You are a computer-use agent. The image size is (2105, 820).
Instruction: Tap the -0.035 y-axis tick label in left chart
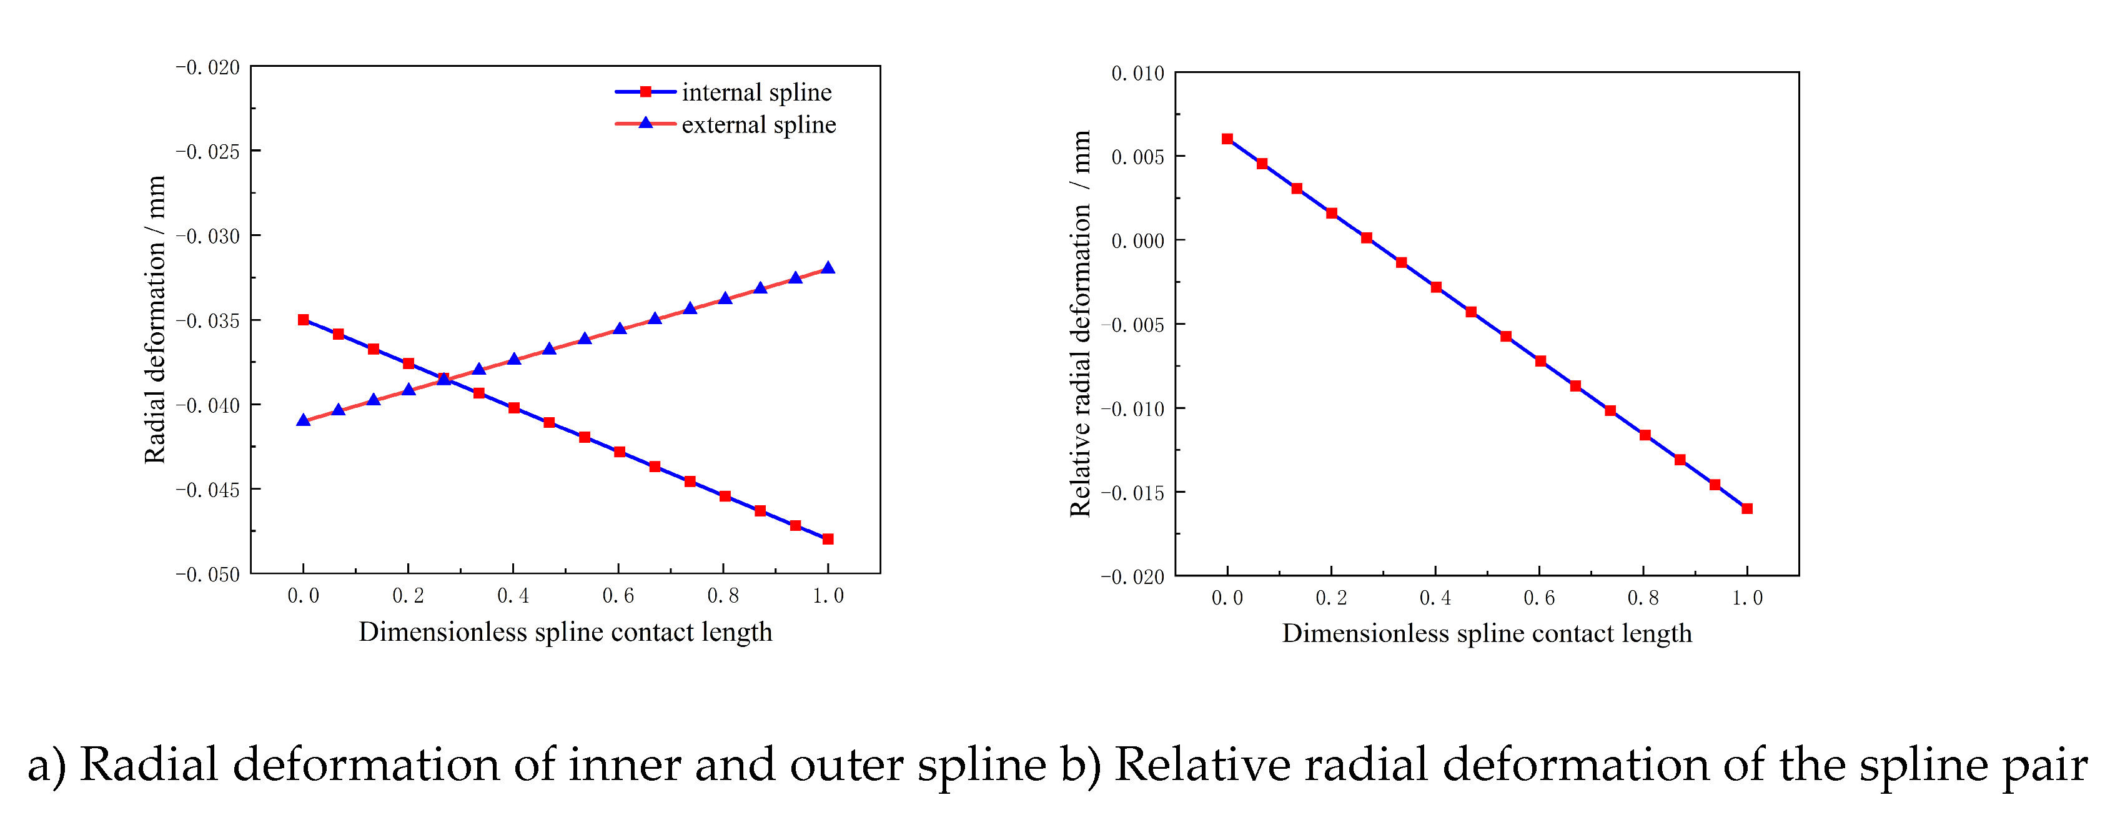207,321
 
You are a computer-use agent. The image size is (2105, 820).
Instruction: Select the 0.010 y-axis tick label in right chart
1137,74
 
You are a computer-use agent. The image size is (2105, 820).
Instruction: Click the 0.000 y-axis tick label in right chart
1137,242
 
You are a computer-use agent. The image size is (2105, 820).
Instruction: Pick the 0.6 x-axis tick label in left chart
618,596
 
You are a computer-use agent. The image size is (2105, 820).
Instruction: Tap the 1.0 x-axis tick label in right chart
1747,599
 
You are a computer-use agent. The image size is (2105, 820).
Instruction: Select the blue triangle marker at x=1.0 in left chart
828,268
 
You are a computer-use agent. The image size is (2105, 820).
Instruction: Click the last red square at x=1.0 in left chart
828,539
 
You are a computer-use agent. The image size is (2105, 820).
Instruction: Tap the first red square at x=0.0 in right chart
1227,139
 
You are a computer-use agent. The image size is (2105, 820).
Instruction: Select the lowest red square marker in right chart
1747,509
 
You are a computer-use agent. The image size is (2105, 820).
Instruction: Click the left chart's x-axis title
565,632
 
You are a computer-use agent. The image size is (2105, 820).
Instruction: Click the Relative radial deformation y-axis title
1080,324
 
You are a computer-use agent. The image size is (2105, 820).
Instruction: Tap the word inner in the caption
618,765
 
